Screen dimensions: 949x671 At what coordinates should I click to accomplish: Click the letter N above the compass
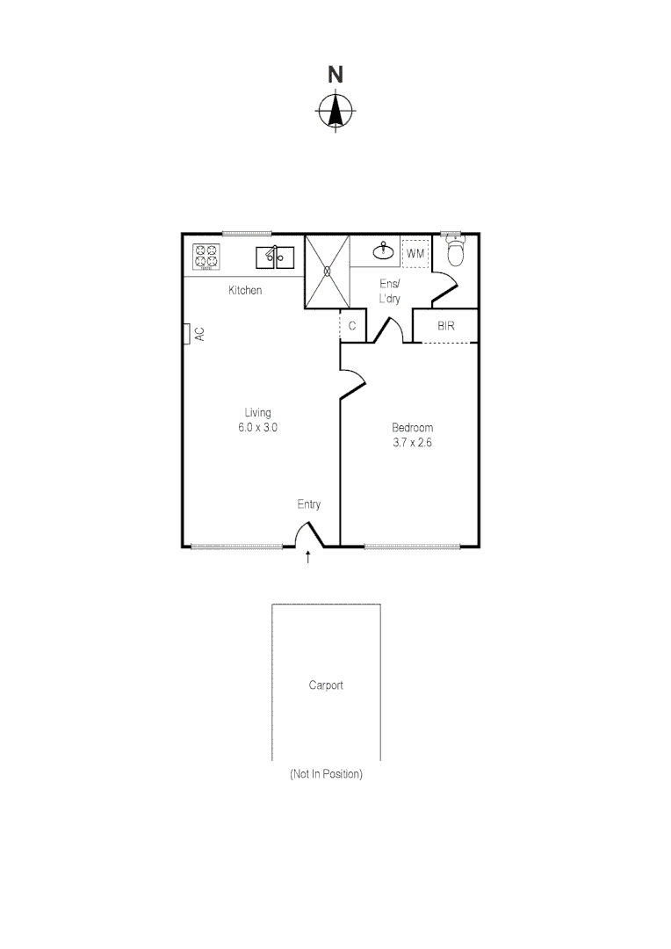click(x=335, y=76)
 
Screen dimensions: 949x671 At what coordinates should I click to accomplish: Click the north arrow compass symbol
click(x=335, y=112)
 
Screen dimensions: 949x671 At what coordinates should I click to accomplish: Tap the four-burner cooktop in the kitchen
click(x=206, y=256)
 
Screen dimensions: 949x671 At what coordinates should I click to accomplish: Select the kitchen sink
click(x=275, y=257)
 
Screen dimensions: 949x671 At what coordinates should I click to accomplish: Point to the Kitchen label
click(x=245, y=290)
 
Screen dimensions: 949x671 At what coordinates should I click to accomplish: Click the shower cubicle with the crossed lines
click(x=327, y=272)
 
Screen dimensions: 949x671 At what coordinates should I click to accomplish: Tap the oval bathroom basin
click(x=384, y=252)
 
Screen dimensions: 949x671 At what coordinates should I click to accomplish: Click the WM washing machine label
click(x=415, y=254)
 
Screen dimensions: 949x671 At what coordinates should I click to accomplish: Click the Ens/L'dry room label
click(x=389, y=291)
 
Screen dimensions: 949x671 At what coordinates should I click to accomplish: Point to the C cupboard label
click(x=352, y=326)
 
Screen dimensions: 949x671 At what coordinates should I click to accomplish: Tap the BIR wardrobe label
click(x=446, y=325)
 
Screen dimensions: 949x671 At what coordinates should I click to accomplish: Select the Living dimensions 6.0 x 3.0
click(x=258, y=427)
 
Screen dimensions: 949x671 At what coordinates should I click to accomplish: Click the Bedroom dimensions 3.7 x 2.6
click(x=413, y=443)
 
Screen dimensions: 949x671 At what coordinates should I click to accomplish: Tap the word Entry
click(x=308, y=504)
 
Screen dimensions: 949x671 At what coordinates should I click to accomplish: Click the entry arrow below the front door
click(x=307, y=556)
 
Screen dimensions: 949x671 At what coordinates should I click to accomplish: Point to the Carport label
click(x=326, y=685)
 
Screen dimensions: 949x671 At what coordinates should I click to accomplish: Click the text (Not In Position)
click(x=326, y=775)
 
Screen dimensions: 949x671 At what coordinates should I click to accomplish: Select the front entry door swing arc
click(x=306, y=533)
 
